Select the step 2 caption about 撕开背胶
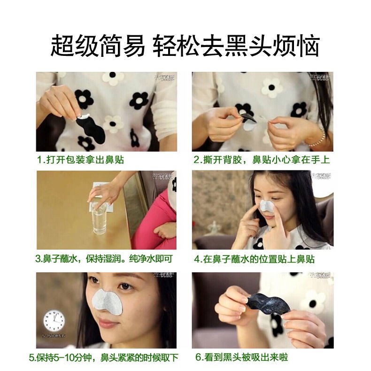coord(262,160)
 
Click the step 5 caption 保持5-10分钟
coord(104,358)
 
